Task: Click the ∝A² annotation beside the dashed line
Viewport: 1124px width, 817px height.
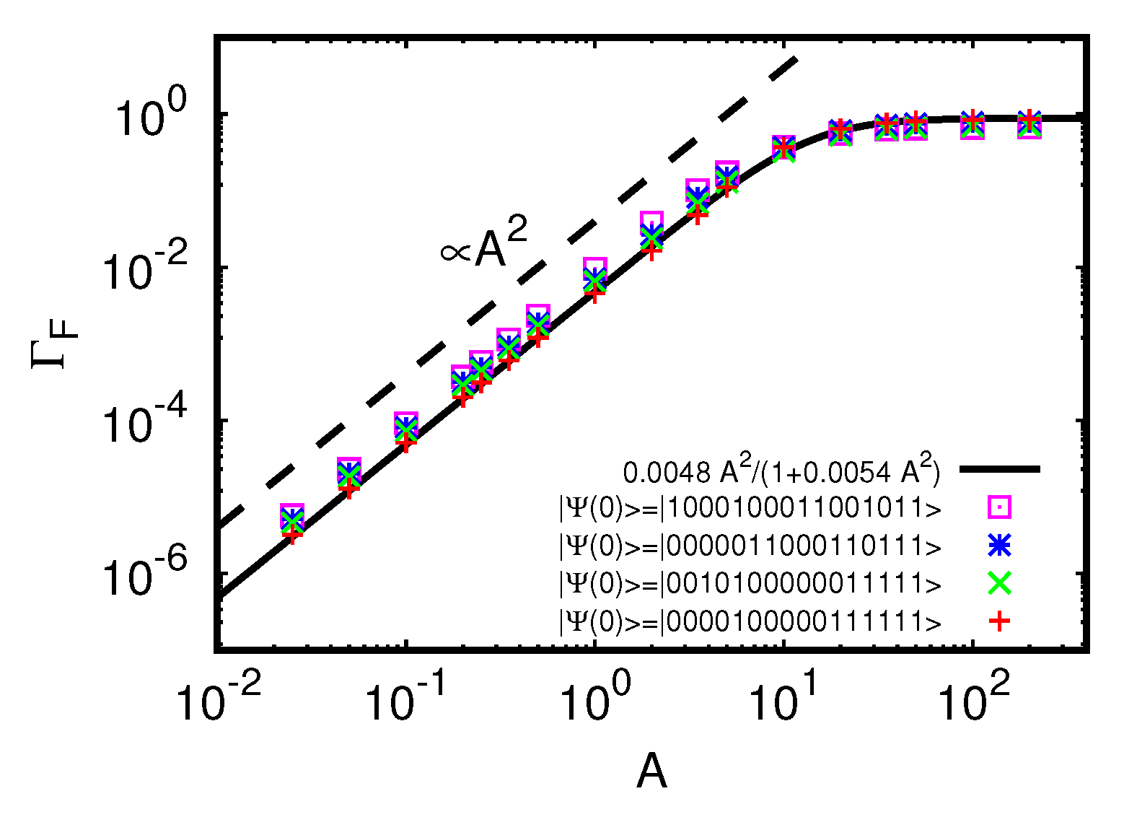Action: (x=484, y=244)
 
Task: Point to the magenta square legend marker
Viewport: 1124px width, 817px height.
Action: (x=999, y=508)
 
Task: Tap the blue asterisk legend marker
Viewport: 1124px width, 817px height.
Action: (x=999, y=546)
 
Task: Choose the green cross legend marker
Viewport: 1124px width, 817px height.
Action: (x=999, y=583)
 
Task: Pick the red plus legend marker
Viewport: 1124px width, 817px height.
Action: (x=999, y=621)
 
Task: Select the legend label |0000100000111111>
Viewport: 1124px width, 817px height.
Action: (x=750, y=621)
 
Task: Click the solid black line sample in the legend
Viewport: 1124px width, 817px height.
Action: (x=999, y=470)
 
